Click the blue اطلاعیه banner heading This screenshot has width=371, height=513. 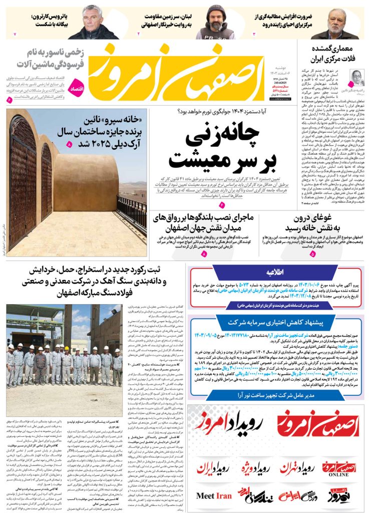pyautogui.click(x=275, y=272)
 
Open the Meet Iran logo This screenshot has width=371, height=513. pyautogui.click(x=214, y=495)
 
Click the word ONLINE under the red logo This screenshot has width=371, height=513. pyautogui.click(x=338, y=474)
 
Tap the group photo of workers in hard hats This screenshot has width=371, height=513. pyautogui.click(x=64, y=361)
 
